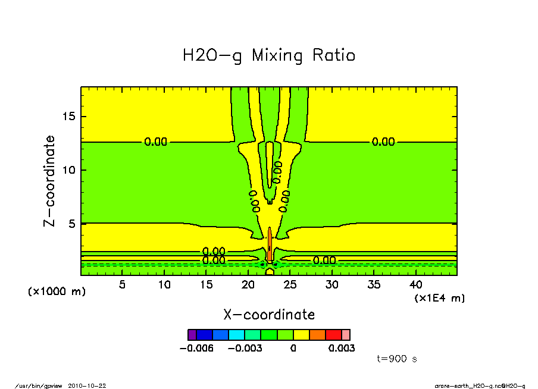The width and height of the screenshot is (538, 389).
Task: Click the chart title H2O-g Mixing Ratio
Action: click(269, 56)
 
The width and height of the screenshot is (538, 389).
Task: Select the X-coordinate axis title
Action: click(269, 315)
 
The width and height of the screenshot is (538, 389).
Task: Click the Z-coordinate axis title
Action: click(49, 181)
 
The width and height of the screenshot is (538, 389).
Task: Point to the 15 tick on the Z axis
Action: click(70, 116)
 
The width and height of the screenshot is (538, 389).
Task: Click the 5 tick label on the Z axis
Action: click(74, 224)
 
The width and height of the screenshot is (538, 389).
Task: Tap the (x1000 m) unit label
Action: click(57, 291)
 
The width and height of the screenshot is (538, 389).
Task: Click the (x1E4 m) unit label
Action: click(439, 298)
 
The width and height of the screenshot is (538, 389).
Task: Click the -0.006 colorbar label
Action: click(196, 349)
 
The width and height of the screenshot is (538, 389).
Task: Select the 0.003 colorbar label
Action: click(342, 349)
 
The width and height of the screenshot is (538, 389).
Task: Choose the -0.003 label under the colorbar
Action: click(245, 349)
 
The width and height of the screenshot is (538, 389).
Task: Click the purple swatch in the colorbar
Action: click(192, 335)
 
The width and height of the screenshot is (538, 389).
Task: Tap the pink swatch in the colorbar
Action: click(346, 335)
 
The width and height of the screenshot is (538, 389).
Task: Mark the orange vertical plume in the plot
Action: click(270, 244)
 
